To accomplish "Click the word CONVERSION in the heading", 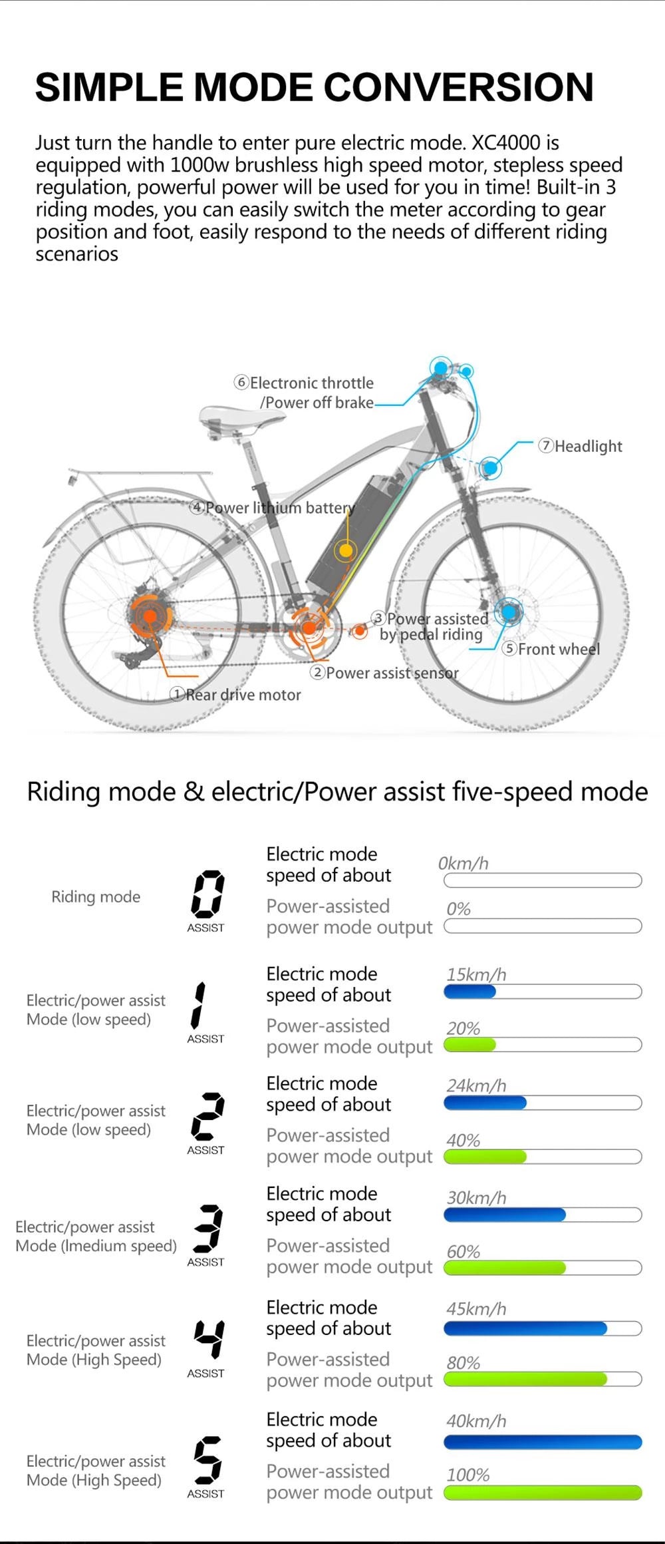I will (458, 87).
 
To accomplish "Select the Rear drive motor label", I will (236, 695).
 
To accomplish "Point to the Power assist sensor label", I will (384, 673).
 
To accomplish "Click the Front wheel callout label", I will (551, 649).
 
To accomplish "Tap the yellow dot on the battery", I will (346, 550).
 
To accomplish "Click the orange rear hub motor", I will (150, 616).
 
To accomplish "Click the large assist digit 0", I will (207, 893).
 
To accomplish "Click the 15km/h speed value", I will (476, 974).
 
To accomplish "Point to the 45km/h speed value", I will (476, 1308).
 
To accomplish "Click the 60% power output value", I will (464, 1251).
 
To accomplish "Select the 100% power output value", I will (468, 1475).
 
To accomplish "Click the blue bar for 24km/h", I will (485, 1103).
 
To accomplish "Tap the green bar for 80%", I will (525, 1379).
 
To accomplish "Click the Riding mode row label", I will (96, 896).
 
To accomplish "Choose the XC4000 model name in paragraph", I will (506, 142).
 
